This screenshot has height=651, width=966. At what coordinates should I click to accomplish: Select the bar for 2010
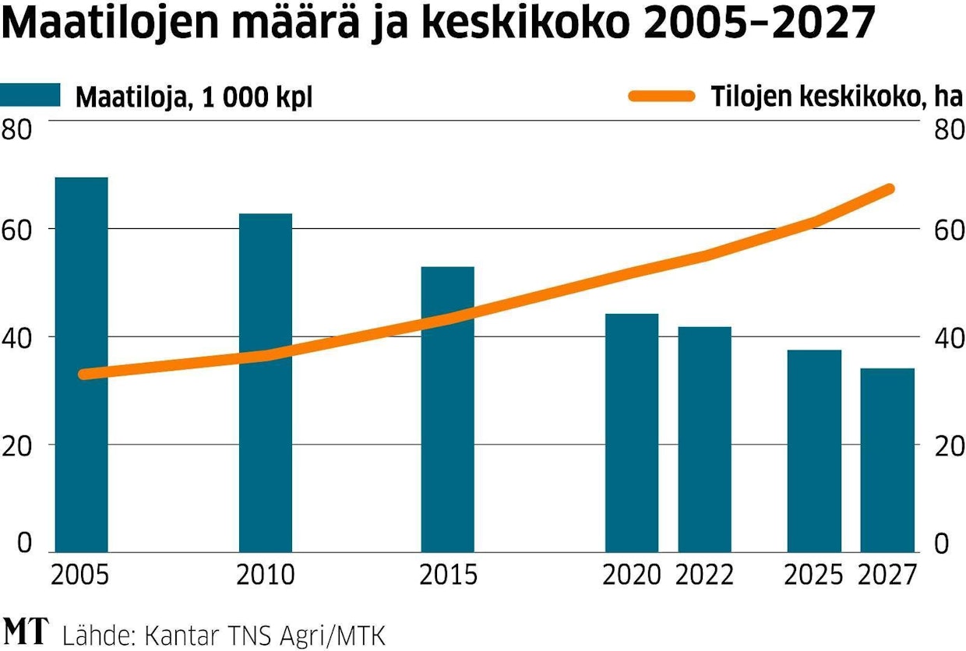tap(265, 382)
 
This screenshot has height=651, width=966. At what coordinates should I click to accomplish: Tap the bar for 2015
tap(447, 409)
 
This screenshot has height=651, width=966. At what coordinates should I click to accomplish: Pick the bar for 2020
tap(631, 432)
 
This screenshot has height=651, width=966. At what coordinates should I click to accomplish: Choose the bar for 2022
tap(704, 439)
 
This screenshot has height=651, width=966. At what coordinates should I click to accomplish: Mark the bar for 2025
tap(814, 451)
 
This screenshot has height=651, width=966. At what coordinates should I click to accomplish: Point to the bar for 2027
tap(887, 459)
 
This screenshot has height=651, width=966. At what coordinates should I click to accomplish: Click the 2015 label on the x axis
tap(448, 575)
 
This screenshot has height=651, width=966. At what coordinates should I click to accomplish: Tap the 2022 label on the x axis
tap(704, 575)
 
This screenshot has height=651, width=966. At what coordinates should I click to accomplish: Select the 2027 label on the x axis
tap(887, 575)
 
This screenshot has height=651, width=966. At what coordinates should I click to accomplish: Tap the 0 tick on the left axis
tap(25, 543)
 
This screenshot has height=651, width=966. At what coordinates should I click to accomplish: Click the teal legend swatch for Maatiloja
tap(30, 95)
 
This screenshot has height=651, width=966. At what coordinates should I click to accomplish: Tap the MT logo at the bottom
tap(26, 631)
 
